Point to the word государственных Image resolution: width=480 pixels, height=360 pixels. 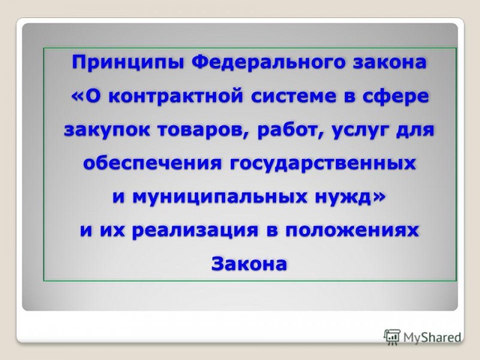coord(322,163)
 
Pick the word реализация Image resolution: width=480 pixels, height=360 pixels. coord(195,230)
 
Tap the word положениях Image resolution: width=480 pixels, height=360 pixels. coord(352,230)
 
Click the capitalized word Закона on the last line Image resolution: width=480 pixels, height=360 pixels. coord(249,263)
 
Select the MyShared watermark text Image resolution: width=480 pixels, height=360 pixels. coord(432,337)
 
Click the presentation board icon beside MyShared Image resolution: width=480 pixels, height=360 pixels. coord(392,337)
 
